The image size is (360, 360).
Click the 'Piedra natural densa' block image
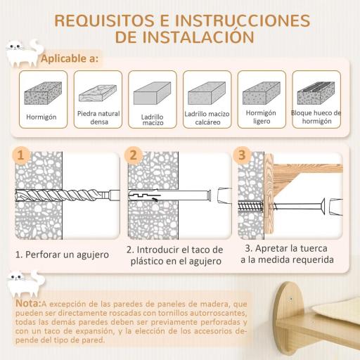coord(97,92)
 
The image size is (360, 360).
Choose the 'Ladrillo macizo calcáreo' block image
coord(207,92)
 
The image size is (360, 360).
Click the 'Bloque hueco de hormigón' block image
coord(316,92)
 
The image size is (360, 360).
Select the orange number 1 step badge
coord(22,155)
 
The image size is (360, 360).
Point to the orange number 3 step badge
coord(243,155)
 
